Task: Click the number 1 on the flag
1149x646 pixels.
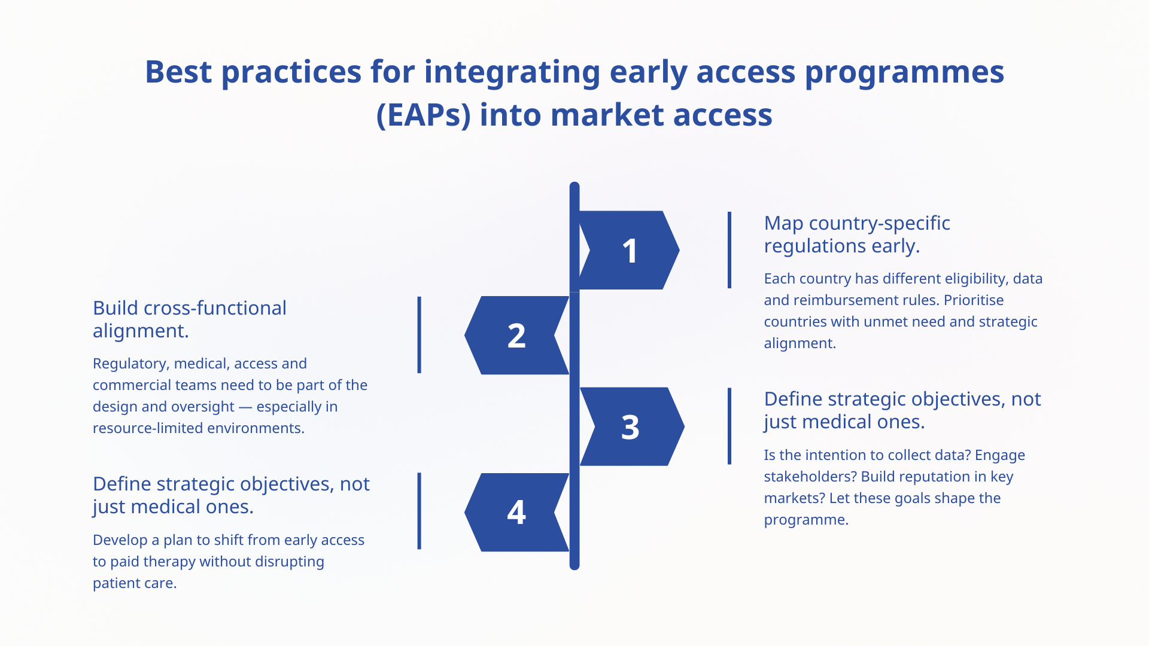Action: (630, 251)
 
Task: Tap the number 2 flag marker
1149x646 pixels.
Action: (516, 336)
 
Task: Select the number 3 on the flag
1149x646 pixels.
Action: (630, 428)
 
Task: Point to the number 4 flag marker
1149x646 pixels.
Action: (516, 513)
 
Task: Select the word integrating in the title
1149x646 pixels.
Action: (512, 73)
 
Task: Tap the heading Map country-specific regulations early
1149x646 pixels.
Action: (857, 234)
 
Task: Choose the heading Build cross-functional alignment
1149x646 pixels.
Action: (190, 319)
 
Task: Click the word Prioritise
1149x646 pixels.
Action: (974, 300)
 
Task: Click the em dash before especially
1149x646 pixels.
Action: (245, 407)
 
